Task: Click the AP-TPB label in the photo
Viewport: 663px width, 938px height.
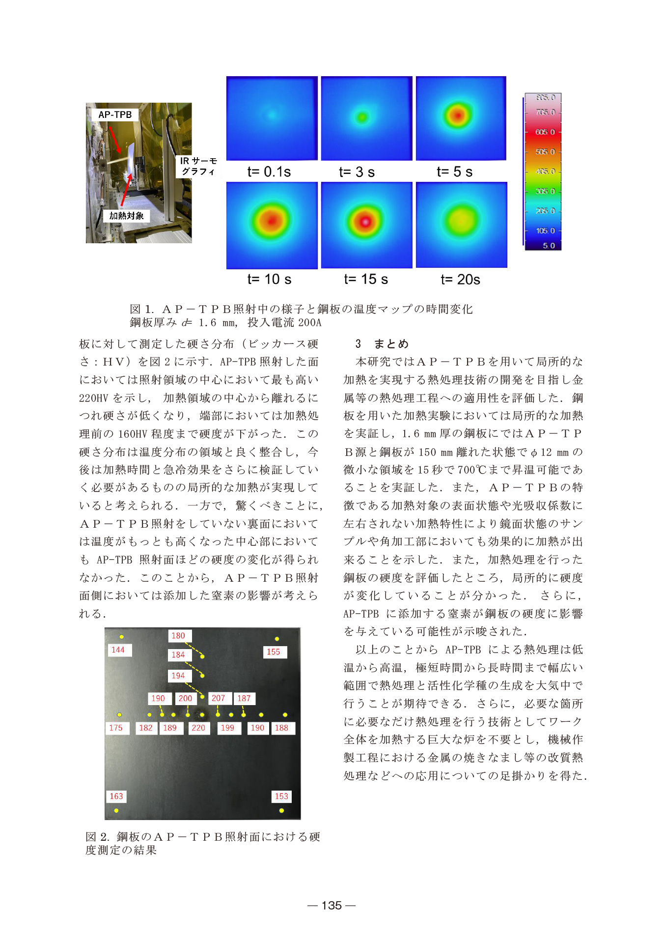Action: click(115, 114)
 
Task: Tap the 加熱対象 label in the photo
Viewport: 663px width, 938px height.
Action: click(126, 216)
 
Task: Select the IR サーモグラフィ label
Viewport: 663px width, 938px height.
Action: click(198, 166)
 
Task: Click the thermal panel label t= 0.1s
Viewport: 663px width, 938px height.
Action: click(269, 171)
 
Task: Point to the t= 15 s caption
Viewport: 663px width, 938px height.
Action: click(366, 279)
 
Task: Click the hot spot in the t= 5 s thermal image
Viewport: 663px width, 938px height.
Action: click(458, 115)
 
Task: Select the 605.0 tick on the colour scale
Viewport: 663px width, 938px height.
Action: click(545, 132)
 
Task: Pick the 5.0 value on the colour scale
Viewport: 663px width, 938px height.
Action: click(549, 245)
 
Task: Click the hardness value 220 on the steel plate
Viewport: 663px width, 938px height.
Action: click(198, 728)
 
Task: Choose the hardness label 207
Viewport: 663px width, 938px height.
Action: click(218, 698)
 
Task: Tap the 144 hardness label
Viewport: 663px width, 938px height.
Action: click(118, 650)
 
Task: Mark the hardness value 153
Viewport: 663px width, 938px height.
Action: click(281, 796)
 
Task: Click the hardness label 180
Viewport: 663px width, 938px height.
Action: click(178, 636)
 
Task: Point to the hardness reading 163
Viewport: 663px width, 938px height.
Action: click(116, 796)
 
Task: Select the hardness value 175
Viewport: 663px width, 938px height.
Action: click(116, 728)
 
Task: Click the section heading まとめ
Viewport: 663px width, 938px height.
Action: click(391, 343)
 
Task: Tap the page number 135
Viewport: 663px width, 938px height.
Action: click(331, 905)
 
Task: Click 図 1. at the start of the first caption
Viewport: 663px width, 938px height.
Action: click(142, 309)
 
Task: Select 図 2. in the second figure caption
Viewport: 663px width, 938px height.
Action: click(97, 836)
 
